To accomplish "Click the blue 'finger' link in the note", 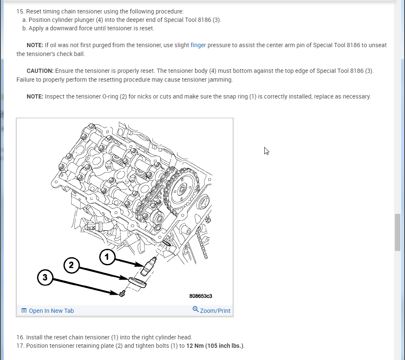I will point(198,45).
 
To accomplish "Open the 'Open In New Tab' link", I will point(51,311).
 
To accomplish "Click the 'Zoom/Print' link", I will point(215,311).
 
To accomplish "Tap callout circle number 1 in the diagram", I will point(107,256).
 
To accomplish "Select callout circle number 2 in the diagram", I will point(71,265).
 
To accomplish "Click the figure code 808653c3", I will point(201,296).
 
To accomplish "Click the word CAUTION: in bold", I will point(40,71).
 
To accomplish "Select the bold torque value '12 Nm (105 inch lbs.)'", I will point(215,346).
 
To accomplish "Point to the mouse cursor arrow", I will point(266,151).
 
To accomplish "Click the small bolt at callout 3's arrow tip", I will point(122,293).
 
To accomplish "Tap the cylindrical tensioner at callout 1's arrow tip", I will point(148,267).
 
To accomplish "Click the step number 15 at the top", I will point(20,11).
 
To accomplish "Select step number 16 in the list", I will point(20,337).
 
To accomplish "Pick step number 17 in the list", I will point(20,346).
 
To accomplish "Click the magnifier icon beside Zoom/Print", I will point(196,309).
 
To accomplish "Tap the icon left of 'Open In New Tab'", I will point(24,311).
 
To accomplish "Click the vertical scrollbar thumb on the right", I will point(397,232).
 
